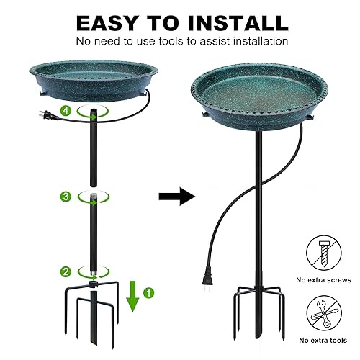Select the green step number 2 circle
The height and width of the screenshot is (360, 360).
(66, 271)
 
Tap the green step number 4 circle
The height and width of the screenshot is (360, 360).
(66, 111)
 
